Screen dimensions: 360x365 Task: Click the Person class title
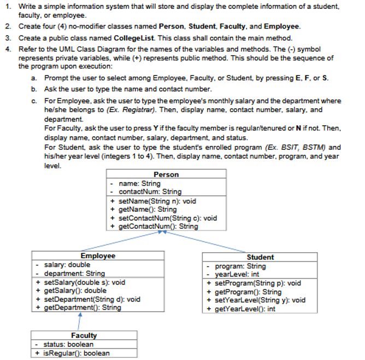pyautogui.click(x=166, y=175)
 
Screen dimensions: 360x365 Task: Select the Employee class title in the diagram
pyautogui.click(x=98, y=256)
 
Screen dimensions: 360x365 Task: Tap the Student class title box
pyautogui.click(x=260, y=257)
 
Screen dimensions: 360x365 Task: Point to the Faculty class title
pyautogui.click(x=84, y=335)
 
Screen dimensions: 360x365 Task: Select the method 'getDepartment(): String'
pyautogui.click(x=82, y=307)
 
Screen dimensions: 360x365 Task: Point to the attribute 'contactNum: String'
pyautogui.click(x=150, y=192)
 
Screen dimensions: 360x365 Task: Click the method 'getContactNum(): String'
pyautogui.click(x=158, y=226)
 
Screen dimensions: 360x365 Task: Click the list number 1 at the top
pyautogui.click(x=7, y=5)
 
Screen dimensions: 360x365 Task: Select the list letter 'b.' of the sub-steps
pyautogui.click(x=34, y=89)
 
